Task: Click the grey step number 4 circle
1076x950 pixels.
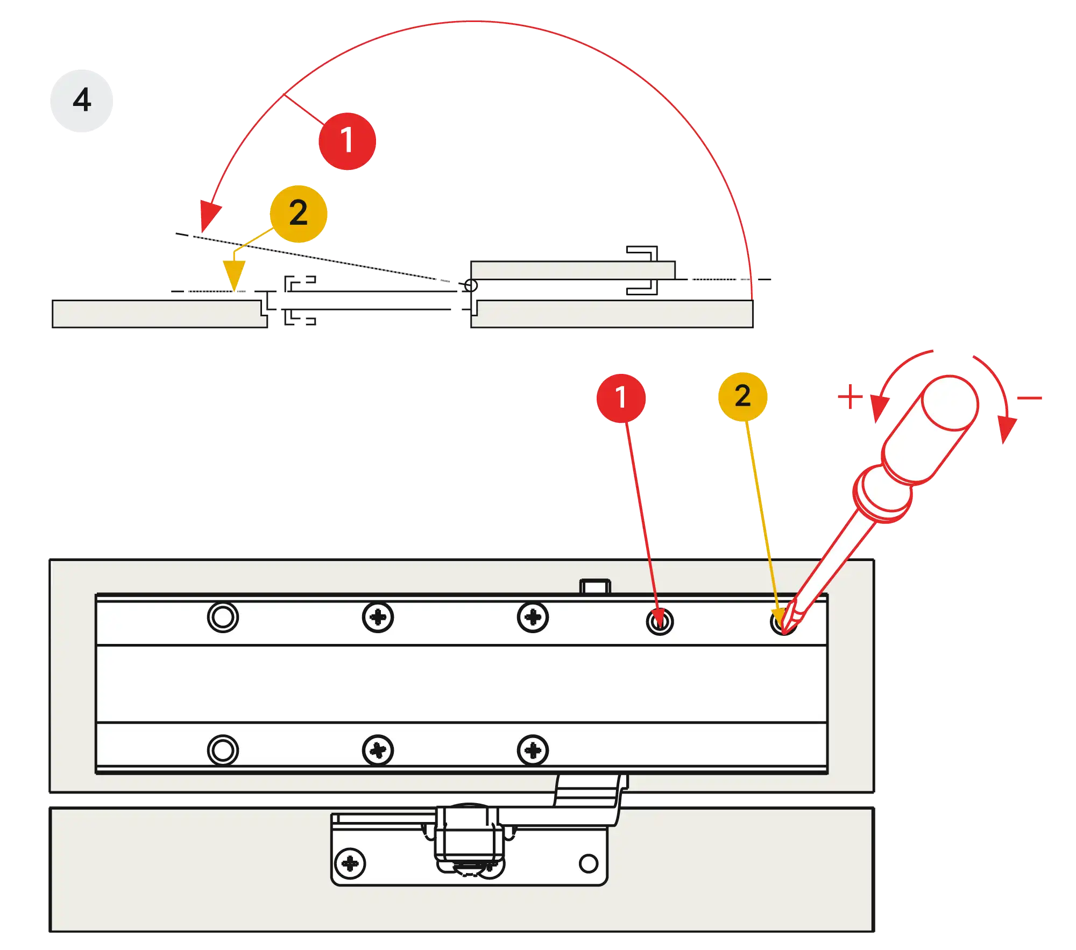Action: pos(82,101)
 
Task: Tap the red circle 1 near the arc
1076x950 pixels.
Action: pos(347,141)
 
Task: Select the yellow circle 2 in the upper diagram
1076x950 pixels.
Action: pos(299,214)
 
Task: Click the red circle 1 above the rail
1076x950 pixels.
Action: pos(621,398)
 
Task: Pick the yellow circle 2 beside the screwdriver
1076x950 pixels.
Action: pos(742,396)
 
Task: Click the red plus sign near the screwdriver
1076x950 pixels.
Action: pos(850,396)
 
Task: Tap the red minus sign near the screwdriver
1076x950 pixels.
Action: pos(1030,398)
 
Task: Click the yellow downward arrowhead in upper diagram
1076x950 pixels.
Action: pos(235,273)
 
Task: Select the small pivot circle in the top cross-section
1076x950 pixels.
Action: pos(471,285)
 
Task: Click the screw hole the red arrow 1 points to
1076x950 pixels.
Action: pos(660,622)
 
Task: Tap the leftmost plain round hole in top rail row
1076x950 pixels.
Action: pos(223,617)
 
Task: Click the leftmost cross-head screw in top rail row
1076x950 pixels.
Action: pos(378,617)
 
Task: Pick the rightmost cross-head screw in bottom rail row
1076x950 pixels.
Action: pos(533,750)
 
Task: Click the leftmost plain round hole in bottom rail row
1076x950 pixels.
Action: pos(223,750)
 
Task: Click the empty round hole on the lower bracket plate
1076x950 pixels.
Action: pos(589,863)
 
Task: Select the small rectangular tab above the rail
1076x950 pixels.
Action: pos(595,586)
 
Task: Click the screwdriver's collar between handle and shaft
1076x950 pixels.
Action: pos(882,494)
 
